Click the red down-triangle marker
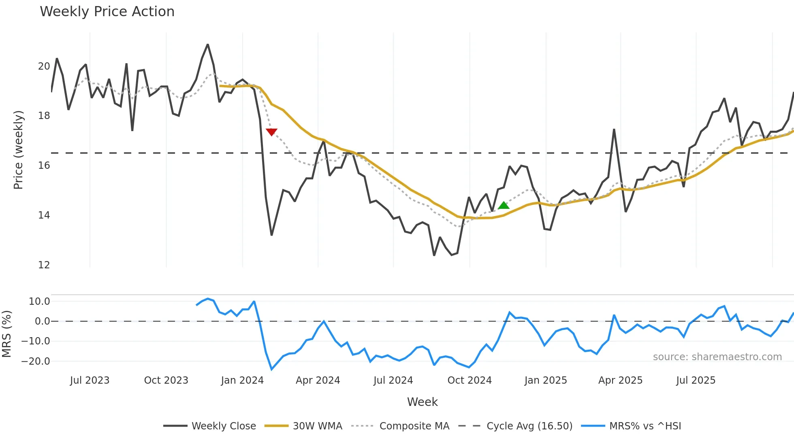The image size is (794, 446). coord(271,132)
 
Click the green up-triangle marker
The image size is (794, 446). coord(504,206)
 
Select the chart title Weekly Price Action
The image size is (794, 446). coord(107,12)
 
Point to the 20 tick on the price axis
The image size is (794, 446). coord(44,66)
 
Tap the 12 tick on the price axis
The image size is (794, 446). coord(44,265)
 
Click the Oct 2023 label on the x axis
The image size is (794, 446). coord(166,380)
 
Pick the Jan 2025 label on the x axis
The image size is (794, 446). coord(546,380)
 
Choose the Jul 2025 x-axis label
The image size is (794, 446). coord(696,380)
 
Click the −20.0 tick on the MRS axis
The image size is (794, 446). coord(36,361)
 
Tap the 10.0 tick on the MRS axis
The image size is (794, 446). coord(39,302)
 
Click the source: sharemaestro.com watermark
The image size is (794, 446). coord(717,357)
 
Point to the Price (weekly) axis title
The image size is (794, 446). coord(18,150)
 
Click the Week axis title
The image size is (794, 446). coord(422,402)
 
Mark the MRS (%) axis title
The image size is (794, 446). coord(6,334)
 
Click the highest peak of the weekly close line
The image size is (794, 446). coord(208,45)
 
